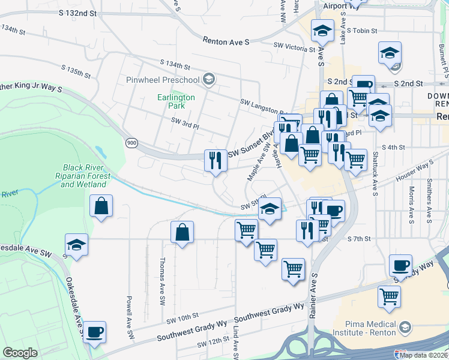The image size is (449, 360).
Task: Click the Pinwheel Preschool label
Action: tap(162, 80)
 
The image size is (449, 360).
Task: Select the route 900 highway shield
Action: tap(131, 142)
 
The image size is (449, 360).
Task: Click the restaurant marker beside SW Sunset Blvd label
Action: tap(216, 160)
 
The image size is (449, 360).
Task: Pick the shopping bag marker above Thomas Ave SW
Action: tap(182, 233)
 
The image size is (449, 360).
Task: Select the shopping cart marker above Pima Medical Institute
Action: tap(389, 296)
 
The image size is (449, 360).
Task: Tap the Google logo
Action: tap(20, 353)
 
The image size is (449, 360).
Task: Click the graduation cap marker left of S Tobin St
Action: tap(322, 30)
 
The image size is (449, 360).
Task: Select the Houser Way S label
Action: tap(414, 172)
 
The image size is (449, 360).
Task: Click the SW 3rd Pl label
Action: tap(184, 121)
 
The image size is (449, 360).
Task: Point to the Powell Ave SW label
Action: tap(129, 310)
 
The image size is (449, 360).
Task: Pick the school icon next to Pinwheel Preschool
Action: tap(208, 79)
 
